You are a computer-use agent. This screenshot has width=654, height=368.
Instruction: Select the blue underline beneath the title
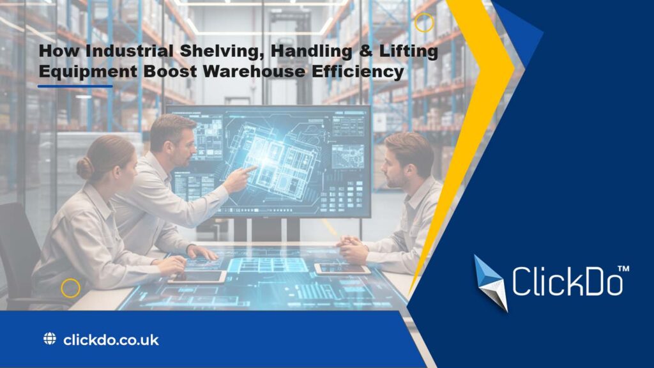75,86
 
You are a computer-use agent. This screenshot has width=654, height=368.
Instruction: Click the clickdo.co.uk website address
111,339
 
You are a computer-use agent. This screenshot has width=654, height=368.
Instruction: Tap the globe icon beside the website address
50,339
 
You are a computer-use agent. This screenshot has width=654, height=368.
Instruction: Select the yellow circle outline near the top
424,23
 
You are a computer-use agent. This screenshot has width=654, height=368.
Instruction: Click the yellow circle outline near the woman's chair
70,288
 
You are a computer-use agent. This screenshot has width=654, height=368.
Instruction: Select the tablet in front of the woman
196,276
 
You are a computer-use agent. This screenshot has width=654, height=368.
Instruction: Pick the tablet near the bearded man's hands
342,269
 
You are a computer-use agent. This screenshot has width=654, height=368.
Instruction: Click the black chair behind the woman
19,256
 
